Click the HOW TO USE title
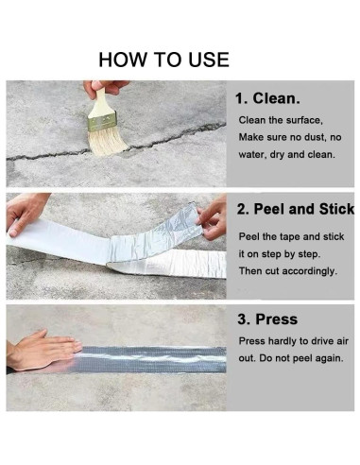(164, 60)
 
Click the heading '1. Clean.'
(268, 97)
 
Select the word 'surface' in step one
(304, 120)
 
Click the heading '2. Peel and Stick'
(295, 210)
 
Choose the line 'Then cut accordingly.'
(287, 270)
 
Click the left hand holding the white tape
(26, 212)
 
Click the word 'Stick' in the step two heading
(334, 210)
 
